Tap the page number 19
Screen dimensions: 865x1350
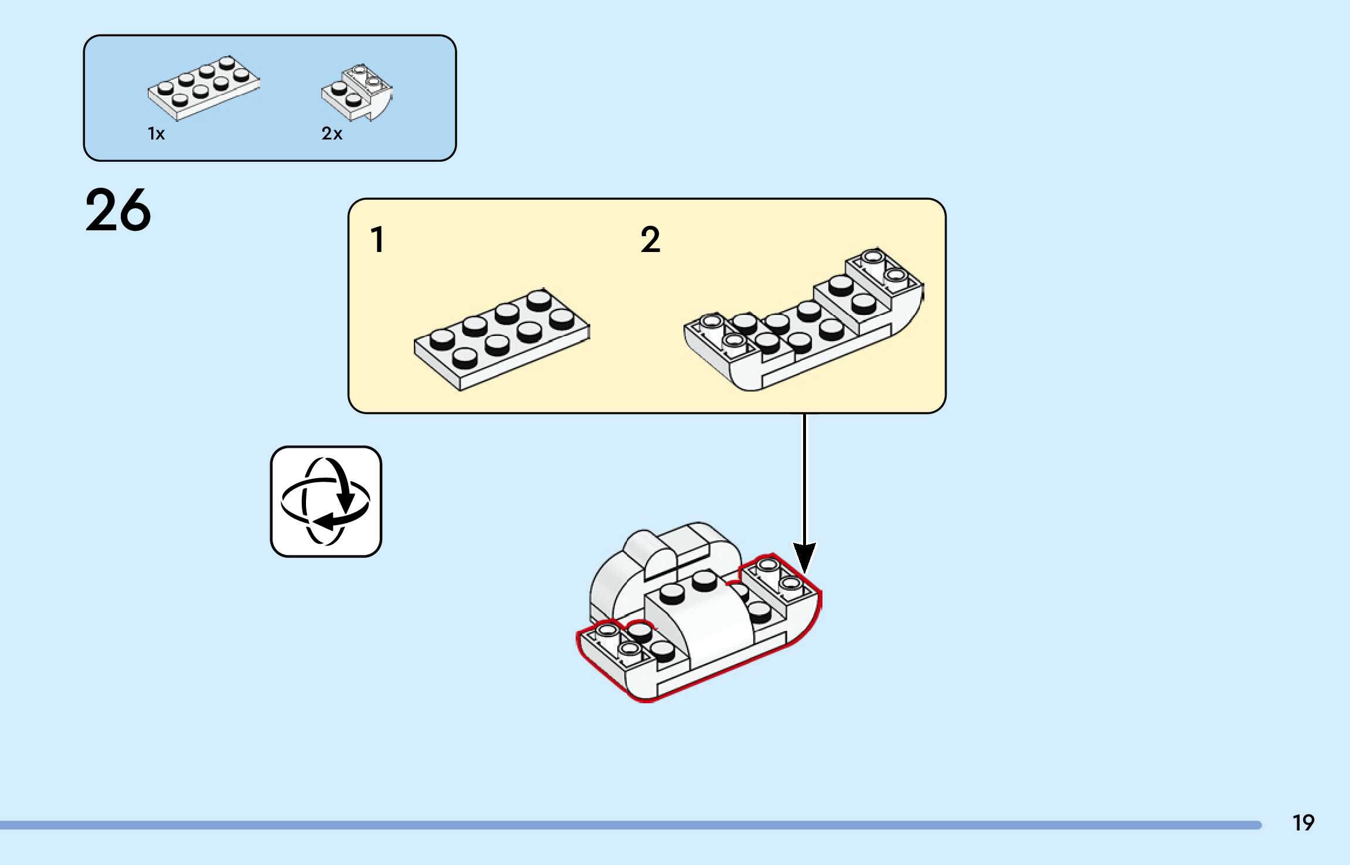click(x=1303, y=823)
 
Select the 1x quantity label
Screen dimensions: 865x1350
click(x=156, y=134)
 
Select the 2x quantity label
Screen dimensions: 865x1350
click(x=331, y=134)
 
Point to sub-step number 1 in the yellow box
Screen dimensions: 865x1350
click(x=378, y=240)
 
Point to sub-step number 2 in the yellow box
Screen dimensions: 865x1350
click(x=650, y=240)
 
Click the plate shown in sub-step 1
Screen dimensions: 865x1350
click(x=502, y=340)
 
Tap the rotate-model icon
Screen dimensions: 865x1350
click(x=326, y=502)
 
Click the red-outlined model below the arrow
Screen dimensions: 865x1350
click(x=698, y=621)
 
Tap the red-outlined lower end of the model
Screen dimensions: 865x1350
click(x=616, y=656)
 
